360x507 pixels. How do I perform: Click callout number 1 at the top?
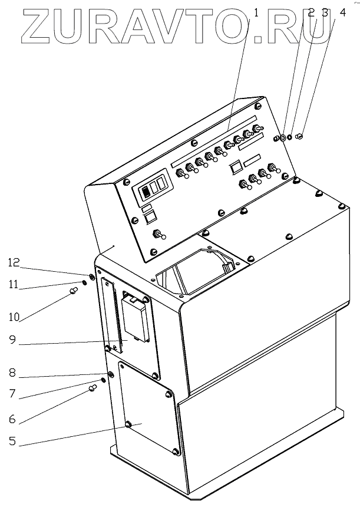(256, 12)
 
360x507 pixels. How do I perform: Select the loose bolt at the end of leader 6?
(93, 387)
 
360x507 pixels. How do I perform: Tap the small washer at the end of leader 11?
(84, 282)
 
